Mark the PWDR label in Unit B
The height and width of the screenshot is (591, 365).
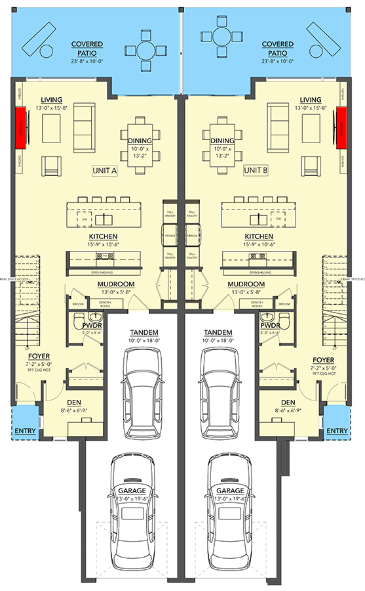(x=270, y=325)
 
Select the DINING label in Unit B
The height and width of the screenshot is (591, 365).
(x=223, y=140)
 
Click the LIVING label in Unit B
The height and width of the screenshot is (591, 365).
(x=310, y=98)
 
